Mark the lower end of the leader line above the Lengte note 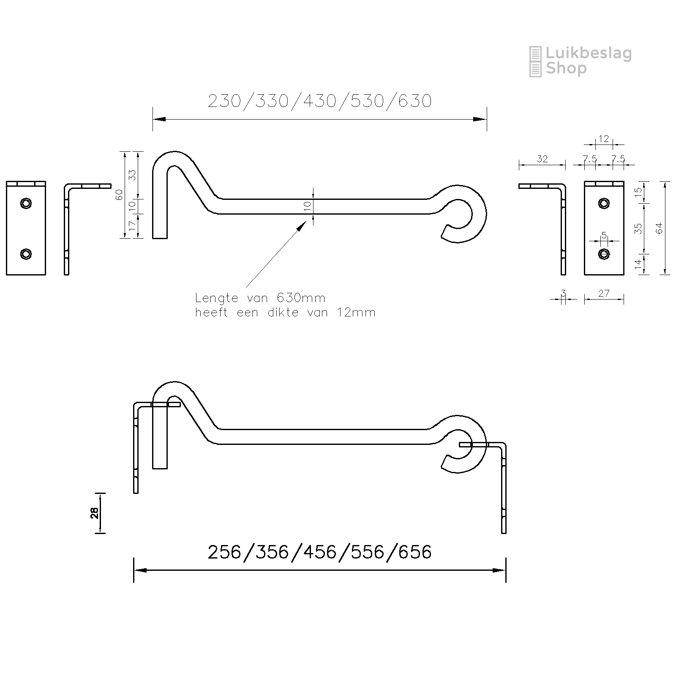click(x=246, y=287)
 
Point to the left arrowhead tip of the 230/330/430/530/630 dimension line click(x=153, y=120)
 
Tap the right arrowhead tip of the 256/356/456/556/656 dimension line click(x=505, y=570)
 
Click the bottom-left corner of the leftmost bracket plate click(x=6, y=275)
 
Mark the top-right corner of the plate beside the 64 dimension click(x=624, y=181)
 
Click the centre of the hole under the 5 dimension click(x=604, y=254)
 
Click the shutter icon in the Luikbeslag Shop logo click(x=535, y=62)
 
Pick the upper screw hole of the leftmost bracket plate click(x=26, y=203)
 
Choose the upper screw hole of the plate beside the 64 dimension click(x=604, y=203)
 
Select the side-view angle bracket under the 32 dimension click(x=563, y=228)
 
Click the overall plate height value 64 click(x=660, y=228)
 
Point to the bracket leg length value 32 click(x=542, y=159)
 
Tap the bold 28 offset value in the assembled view click(x=95, y=513)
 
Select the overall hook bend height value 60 click(x=119, y=195)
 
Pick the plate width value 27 click(x=604, y=293)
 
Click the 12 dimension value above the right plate click(x=604, y=139)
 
